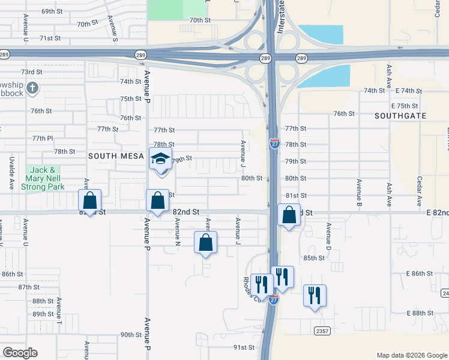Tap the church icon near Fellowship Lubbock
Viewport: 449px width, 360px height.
pos(32,89)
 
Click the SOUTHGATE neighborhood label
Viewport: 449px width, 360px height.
pos(400,115)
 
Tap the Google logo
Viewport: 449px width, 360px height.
pos(20,353)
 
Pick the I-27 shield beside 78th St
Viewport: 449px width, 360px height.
pos(273,144)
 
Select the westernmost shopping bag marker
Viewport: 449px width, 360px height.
pos(89,201)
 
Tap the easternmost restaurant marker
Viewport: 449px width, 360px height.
pos(315,296)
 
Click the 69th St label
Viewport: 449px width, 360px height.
pos(52,11)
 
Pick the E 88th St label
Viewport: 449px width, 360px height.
pos(420,313)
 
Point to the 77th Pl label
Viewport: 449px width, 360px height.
pos(41,138)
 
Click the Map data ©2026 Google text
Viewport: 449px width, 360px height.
pos(411,355)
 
